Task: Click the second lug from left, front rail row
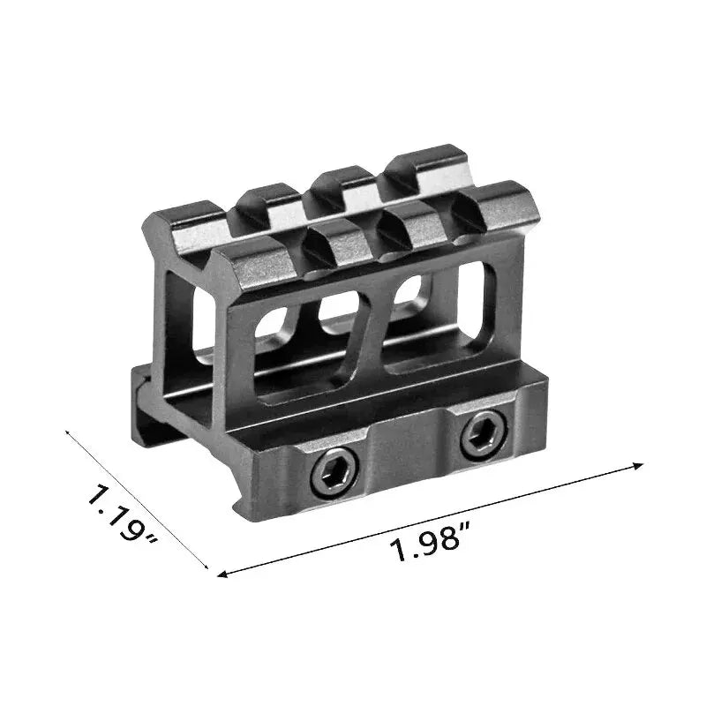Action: [340, 240]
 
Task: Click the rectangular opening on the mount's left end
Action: [181, 309]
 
